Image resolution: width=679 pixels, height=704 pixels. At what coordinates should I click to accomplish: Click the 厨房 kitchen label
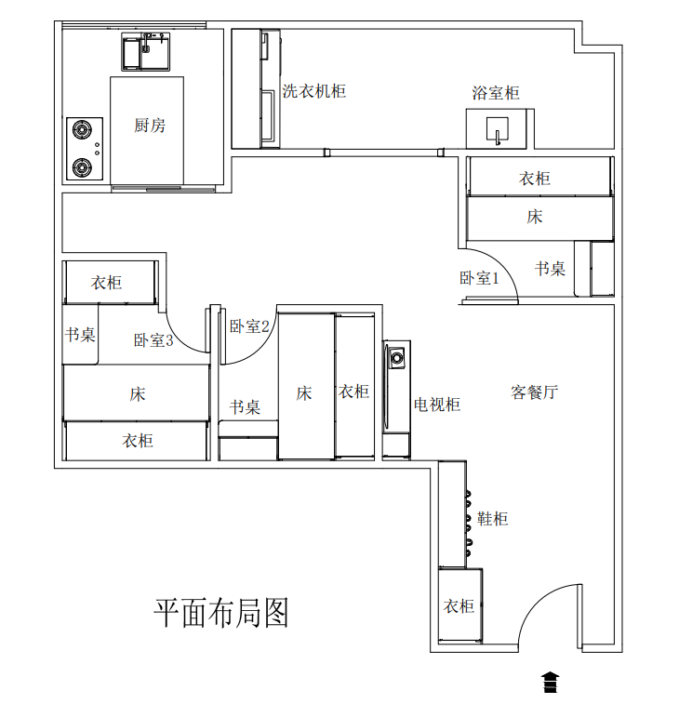click(150, 126)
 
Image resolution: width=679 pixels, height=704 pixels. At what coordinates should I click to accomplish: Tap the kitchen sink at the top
click(146, 51)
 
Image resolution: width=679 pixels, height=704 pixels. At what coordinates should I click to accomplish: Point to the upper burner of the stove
click(82, 130)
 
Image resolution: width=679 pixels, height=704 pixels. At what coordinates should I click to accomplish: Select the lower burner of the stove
click(82, 167)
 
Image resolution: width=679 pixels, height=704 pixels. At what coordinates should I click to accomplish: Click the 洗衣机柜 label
click(313, 91)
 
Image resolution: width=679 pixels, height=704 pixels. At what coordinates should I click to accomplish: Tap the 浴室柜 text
click(496, 93)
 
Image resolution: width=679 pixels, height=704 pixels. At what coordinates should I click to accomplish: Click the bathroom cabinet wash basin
click(497, 130)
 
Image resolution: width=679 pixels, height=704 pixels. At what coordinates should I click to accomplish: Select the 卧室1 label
click(479, 278)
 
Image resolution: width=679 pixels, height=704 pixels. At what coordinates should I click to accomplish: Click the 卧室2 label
click(249, 326)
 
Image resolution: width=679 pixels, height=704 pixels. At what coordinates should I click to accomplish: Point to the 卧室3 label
click(153, 339)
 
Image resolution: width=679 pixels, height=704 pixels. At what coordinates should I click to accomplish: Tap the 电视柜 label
click(437, 405)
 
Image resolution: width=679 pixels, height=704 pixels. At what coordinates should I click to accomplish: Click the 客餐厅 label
click(535, 392)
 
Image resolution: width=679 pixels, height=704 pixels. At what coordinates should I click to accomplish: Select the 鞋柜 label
click(493, 519)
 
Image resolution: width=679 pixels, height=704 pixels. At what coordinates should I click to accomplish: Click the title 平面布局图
click(220, 613)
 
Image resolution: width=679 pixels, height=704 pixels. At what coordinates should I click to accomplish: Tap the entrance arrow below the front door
click(550, 682)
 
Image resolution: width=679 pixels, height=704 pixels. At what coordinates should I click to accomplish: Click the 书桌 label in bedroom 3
click(80, 335)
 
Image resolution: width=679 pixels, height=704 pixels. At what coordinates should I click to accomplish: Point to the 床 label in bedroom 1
click(535, 217)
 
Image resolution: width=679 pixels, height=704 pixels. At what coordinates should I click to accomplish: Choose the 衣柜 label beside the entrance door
click(459, 606)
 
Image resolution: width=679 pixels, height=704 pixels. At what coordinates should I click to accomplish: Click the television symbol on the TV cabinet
click(396, 358)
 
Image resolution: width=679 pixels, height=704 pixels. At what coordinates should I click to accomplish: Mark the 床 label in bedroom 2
click(304, 393)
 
